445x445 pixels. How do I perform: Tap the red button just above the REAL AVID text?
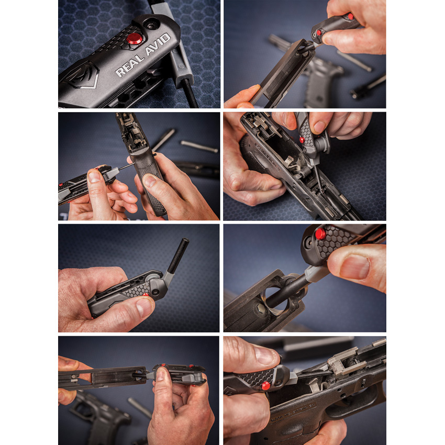click(x=135, y=38)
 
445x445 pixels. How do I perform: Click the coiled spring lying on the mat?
click(x=199, y=146)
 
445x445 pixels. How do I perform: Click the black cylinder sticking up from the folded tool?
click(x=179, y=257)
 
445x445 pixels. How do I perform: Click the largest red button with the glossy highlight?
click(x=320, y=233)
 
